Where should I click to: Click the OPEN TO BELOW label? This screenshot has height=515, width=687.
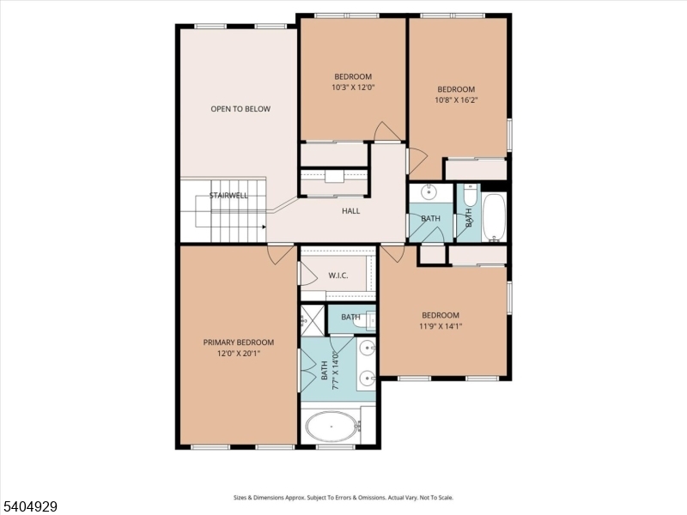tap(240, 109)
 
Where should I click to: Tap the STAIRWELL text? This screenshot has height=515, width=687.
tap(228, 196)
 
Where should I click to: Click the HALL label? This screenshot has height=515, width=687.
tap(351, 210)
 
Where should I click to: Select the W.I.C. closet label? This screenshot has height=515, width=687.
tap(337, 276)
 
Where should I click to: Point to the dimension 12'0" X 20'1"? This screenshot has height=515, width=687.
tap(239, 352)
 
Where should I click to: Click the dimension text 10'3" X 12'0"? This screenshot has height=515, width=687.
tap(352, 87)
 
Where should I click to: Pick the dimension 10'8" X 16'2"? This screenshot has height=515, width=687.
tap(456, 100)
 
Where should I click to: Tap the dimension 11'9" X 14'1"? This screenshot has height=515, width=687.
tap(440, 325)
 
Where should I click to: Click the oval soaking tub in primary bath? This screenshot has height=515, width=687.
tap(332, 426)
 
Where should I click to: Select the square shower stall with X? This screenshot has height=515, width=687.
tap(312, 318)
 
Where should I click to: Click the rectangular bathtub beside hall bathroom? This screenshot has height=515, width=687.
tap(494, 218)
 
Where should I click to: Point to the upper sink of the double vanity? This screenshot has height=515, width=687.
tap(368, 348)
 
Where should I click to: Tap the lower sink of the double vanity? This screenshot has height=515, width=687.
tap(368, 378)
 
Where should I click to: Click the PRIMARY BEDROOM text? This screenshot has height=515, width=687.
tap(239, 342)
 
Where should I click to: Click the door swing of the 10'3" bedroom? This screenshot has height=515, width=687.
tap(387, 131)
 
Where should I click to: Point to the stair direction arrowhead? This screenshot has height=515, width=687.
tap(264, 227)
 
